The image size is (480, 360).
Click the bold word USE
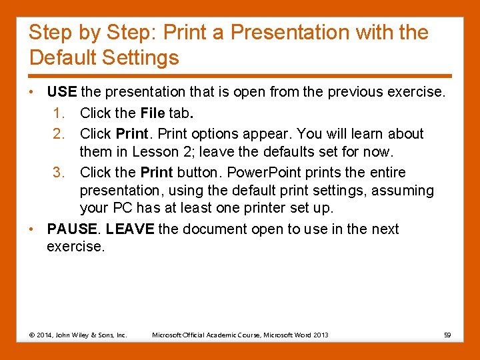[x=62, y=91]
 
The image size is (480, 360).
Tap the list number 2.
[x=58, y=133]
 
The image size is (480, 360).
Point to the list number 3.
[x=58, y=172]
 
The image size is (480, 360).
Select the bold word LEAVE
[x=130, y=229]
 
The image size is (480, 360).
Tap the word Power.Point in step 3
[x=243, y=172]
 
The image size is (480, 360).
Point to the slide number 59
[x=447, y=335]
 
